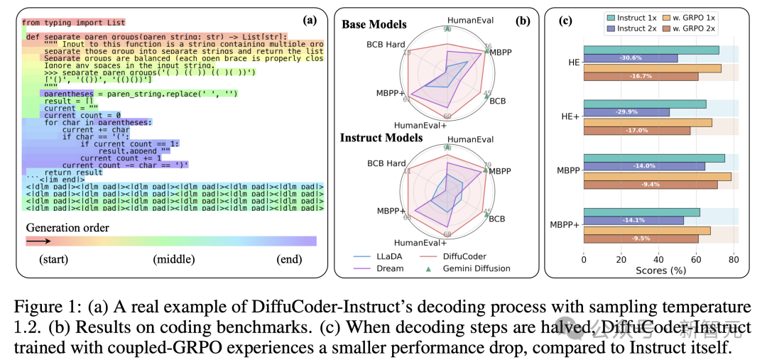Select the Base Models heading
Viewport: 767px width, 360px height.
(374, 24)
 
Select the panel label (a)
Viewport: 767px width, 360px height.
(310, 21)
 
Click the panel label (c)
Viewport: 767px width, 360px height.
(567, 20)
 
